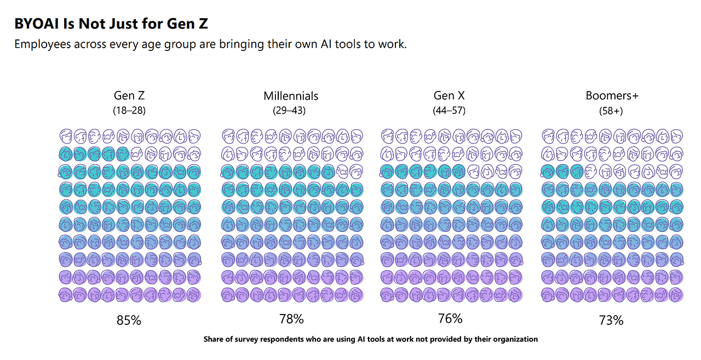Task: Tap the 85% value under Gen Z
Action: (x=129, y=321)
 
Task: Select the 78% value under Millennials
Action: (x=291, y=318)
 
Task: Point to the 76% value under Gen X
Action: (x=450, y=318)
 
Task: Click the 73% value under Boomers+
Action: (x=611, y=321)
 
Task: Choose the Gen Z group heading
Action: (x=129, y=96)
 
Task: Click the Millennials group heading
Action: (x=291, y=96)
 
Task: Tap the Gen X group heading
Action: (x=449, y=96)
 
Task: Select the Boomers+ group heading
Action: (x=612, y=96)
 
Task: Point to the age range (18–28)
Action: (x=129, y=111)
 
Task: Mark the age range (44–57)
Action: (x=449, y=111)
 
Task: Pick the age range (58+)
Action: (x=611, y=111)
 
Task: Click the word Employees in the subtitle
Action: (x=42, y=44)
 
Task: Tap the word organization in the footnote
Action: (x=515, y=339)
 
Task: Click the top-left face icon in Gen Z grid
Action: (x=66, y=135)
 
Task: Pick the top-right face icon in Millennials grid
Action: (x=357, y=135)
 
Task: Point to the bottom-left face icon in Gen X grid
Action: (x=388, y=295)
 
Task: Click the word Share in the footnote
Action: (x=214, y=339)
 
